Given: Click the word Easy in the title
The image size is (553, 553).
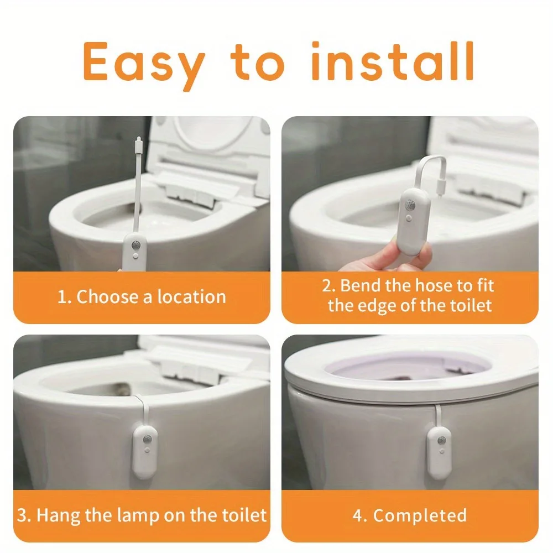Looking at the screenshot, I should [143, 62].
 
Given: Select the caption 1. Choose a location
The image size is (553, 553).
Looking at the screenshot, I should [142, 297].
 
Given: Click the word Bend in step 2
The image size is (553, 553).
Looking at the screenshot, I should [360, 286].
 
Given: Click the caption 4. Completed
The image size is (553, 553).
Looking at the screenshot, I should [409, 515].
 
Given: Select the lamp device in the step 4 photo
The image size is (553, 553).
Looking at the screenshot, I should [439, 451].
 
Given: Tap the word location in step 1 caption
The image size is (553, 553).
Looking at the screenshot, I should [191, 297].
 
